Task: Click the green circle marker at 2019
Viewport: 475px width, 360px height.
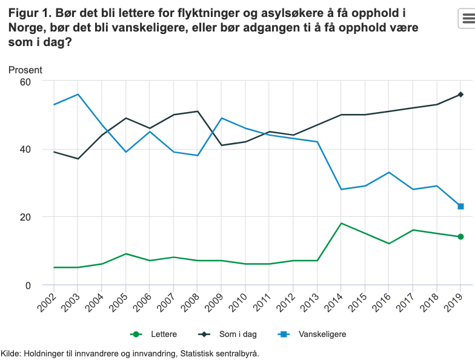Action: [x=460, y=236]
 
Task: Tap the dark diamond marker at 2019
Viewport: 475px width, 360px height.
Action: [x=460, y=95]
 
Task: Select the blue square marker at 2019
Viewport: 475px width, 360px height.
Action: [x=460, y=207]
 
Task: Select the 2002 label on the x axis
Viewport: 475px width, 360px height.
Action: [x=48, y=301]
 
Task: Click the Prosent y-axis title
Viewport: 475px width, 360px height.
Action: [x=25, y=70]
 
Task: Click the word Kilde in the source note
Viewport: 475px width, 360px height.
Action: [x=10, y=353]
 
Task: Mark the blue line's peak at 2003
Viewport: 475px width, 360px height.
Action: [x=78, y=95]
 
